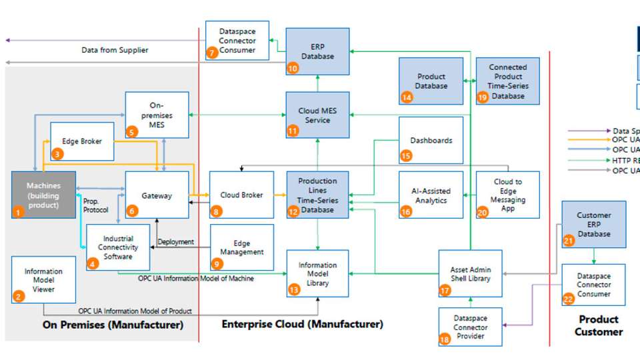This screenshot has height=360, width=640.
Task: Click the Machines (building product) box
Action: click(43, 195)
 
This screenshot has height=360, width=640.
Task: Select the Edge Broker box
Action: click(82, 141)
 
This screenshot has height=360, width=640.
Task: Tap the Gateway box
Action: click(157, 195)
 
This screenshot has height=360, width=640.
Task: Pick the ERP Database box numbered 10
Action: click(317, 51)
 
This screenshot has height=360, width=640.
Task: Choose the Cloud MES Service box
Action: click(317, 115)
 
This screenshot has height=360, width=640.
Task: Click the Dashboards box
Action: click(431, 140)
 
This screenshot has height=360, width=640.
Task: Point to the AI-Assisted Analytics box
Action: click(431, 194)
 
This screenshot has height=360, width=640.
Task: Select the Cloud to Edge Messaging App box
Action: click(508, 194)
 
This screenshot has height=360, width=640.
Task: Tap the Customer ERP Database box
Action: click(593, 224)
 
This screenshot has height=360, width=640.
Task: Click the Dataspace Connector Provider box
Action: click(471, 327)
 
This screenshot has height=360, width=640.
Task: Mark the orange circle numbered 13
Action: click(294, 289)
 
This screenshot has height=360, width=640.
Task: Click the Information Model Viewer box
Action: click(43, 279)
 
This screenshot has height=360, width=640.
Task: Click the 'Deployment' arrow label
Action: click(176, 242)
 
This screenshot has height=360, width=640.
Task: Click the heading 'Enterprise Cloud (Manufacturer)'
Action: click(302, 325)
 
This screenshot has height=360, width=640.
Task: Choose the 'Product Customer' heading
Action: click(598, 325)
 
